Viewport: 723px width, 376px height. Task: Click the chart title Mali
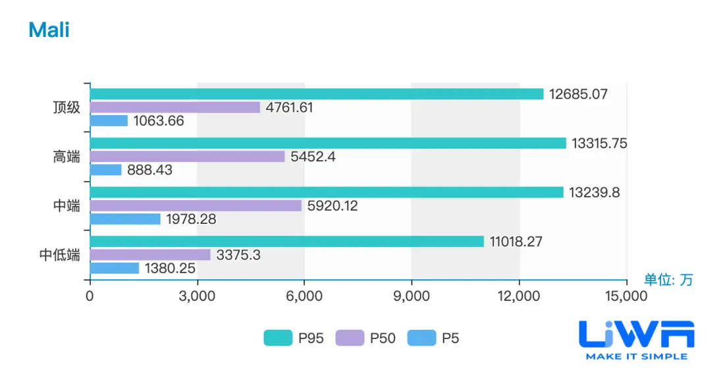point(49,30)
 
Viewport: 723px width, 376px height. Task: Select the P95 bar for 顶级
point(316,94)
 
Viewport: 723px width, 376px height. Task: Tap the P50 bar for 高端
point(187,157)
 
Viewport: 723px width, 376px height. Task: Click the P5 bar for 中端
point(125,219)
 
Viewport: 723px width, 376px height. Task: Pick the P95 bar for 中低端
point(286,242)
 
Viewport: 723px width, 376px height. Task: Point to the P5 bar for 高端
point(105,170)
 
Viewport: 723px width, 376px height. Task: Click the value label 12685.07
point(579,94)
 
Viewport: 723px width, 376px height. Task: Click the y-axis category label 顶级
point(67,107)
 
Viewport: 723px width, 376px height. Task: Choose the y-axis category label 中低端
point(60,255)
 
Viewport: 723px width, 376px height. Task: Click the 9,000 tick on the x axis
point(412,297)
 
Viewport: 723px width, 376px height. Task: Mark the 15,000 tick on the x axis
point(626,297)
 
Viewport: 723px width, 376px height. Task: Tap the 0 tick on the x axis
point(90,297)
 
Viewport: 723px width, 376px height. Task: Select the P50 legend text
point(383,338)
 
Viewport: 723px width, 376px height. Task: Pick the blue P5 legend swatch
point(421,338)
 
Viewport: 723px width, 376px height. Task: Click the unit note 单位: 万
point(668,280)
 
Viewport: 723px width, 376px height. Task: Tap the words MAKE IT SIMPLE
point(636,356)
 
